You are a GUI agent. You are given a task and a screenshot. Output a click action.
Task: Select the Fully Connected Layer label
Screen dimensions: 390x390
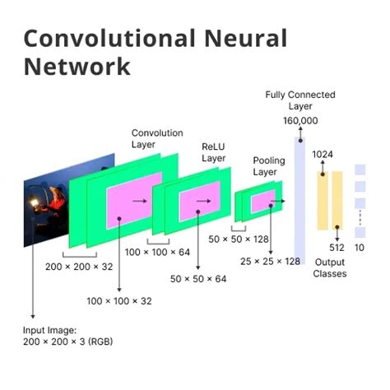300,101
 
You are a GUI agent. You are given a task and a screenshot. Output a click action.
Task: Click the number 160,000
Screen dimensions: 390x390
299,121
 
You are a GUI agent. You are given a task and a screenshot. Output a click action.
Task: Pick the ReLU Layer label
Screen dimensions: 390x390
213,152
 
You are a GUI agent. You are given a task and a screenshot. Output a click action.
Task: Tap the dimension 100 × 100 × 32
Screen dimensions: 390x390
119,301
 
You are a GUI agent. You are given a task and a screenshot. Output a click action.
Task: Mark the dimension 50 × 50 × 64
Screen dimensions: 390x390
198,280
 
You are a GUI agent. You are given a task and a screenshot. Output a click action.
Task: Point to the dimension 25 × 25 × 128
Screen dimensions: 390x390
270,262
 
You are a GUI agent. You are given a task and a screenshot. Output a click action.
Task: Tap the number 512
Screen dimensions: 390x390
337,247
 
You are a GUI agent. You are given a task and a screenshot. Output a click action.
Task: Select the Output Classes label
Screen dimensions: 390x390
330,267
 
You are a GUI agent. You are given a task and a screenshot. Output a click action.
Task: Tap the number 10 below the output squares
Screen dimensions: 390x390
360,247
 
